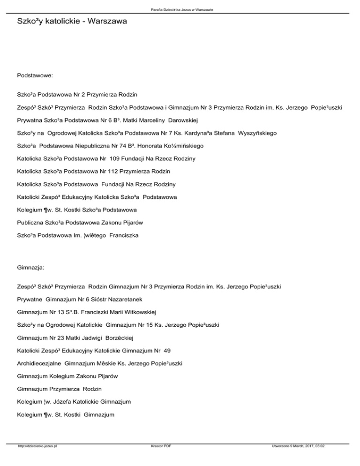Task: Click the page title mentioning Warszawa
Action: click(66, 21)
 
